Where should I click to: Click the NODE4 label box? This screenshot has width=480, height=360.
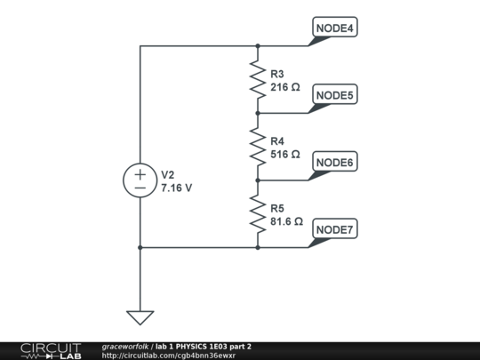(335, 27)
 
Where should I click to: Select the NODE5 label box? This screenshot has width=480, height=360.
(335, 94)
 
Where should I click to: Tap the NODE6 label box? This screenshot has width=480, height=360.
(335, 161)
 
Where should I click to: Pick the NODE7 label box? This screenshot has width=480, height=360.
(335, 228)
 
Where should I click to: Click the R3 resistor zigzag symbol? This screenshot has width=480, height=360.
(258, 80)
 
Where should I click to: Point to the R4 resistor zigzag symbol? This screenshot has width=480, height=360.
(258, 147)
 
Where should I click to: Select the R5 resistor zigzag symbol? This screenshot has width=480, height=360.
(258, 214)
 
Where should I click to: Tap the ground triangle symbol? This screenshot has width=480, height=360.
(140, 317)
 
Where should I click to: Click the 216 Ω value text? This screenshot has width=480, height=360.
(285, 87)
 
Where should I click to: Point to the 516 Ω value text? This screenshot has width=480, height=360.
(285, 155)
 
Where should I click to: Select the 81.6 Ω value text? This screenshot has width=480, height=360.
(286, 221)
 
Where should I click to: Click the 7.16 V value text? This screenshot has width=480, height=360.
(177, 188)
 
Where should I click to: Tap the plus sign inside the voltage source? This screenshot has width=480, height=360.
(140, 175)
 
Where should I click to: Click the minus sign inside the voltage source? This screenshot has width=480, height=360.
(140, 188)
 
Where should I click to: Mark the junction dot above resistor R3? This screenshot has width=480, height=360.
(258, 46)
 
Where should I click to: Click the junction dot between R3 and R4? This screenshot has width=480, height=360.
(258, 113)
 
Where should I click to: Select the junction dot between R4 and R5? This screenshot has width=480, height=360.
(258, 180)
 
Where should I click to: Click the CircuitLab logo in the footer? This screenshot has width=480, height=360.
(51, 351)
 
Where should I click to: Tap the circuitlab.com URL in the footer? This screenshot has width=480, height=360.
(169, 356)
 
